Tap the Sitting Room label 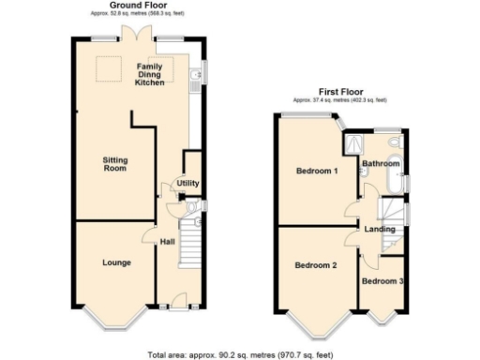[x=114, y=165]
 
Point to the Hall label [x=167, y=243]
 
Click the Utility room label [x=186, y=183]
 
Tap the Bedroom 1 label [x=317, y=172]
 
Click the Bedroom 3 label [x=382, y=281]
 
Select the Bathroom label [x=381, y=164]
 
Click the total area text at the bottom [x=240, y=354]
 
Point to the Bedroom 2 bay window [x=315, y=323]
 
